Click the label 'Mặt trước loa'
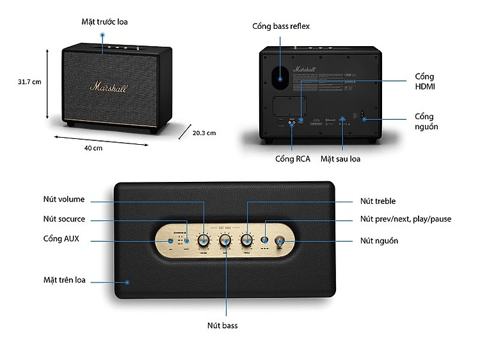point(104,22)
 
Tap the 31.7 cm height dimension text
point(30,82)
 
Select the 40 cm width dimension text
point(93,149)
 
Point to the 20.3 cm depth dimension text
point(204,133)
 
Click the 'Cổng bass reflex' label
point(281,26)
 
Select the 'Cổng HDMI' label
point(425,81)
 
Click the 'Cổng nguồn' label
point(426,122)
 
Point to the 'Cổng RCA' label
point(292,158)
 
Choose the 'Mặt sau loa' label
point(340,158)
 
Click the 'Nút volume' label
point(64,199)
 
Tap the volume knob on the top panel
point(204,240)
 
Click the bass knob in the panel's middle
point(225,240)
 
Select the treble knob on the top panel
point(247,240)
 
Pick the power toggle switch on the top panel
point(280,241)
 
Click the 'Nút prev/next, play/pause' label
point(405,219)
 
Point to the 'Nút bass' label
point(222,325)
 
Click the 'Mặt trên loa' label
point(65,280)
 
